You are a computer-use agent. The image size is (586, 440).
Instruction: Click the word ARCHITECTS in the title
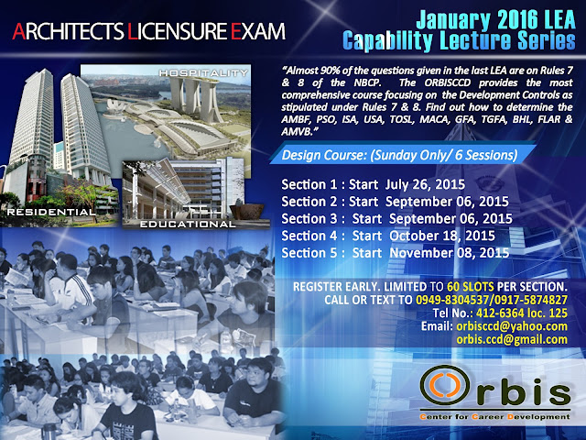(68, 31)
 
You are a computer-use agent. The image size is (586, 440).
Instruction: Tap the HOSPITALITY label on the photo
(203, 73)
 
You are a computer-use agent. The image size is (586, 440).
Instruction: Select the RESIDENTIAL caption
(51, 212)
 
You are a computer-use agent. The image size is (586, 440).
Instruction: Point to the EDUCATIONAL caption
(188, 224)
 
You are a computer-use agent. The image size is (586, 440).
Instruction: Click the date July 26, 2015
(425, 184)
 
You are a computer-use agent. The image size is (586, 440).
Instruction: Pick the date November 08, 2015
(450, 253)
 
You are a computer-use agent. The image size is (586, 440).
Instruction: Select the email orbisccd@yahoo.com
(512, 326)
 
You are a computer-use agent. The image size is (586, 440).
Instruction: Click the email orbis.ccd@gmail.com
(512, 339)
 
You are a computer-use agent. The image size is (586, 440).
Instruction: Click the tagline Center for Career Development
(494, 416)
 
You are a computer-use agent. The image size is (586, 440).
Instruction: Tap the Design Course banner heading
(399, 155)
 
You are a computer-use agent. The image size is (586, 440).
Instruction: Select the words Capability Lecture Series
(459, 41)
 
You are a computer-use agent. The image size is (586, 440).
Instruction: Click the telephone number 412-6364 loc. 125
(522, 313)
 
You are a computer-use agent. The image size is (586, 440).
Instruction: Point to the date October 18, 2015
(442, 236)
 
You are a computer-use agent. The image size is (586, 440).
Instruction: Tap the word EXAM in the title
(258, 31)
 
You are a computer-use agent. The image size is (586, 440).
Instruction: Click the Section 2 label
(309, 202)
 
